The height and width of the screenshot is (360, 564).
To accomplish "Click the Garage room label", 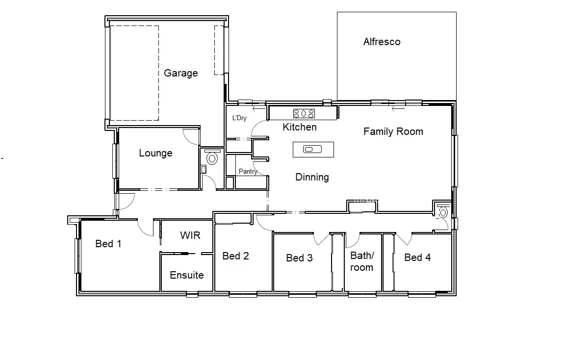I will (180, 73).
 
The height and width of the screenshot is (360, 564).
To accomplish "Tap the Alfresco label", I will (382, 42).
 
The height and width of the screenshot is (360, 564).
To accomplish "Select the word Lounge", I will (155, 153).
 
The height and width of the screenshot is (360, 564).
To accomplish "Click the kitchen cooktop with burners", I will (304, 114).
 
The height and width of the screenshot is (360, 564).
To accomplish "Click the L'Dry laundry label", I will (239, 118).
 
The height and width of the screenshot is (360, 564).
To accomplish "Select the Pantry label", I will (248, 172).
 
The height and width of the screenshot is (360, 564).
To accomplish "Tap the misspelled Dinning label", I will (312, 178).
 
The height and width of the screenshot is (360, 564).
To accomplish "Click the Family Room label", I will (393, 131).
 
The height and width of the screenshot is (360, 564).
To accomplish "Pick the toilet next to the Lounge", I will (212, 158).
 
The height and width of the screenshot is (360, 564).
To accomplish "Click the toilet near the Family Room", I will (443, 212).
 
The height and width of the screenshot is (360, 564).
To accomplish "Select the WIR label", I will (190, 235).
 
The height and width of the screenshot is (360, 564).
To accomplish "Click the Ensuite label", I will (186, 275).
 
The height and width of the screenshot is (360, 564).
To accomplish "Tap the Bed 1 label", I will (108, 244).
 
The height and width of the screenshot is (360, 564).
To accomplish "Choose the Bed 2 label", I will (235, 256).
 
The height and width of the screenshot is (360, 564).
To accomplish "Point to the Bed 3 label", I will (299, 258).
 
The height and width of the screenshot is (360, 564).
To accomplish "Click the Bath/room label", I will (362, 261).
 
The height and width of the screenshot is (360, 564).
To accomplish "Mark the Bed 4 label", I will (417, 257).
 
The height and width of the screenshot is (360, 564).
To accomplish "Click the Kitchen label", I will (300, 128).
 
